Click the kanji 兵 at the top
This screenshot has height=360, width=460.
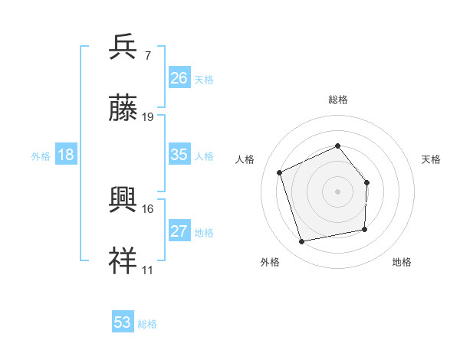pos(123,47)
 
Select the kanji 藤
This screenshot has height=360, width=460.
pos(123,109)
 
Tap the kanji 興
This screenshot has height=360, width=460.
pos(123,200)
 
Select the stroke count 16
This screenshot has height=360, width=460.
pos(148,208)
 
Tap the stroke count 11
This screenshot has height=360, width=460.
pos(147,270)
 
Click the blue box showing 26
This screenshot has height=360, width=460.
pos(179,78)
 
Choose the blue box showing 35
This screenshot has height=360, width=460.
pos(179,155)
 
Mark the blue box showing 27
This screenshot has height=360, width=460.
pos(179,231)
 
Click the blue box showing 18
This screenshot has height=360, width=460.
pos(66,155)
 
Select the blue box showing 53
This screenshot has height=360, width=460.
pos(123,322)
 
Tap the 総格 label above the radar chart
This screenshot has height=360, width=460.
pos(337,100)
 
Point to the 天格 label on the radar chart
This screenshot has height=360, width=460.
pos(431,159)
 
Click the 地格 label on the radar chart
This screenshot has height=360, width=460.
pos(402,262)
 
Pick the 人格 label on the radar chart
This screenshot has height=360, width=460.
pos(245,159)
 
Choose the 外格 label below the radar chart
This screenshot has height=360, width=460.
pos(270,262)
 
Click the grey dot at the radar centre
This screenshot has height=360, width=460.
pos(337,191)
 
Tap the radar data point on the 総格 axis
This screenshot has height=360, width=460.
pos(337,146)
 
